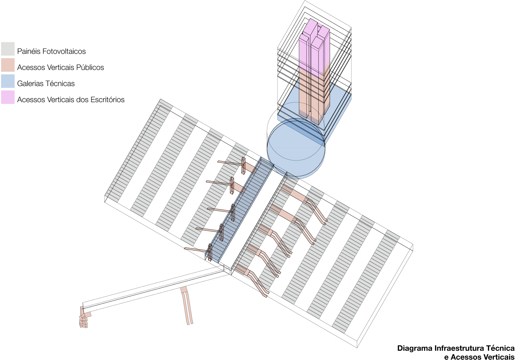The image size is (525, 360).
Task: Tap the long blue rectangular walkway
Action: (x=240, y=210)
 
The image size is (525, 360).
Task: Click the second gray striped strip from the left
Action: (x=164, y=165)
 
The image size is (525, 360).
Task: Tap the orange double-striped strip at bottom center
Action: (x=187, y=306)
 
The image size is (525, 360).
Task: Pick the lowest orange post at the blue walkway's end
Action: (x=210, y=252)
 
